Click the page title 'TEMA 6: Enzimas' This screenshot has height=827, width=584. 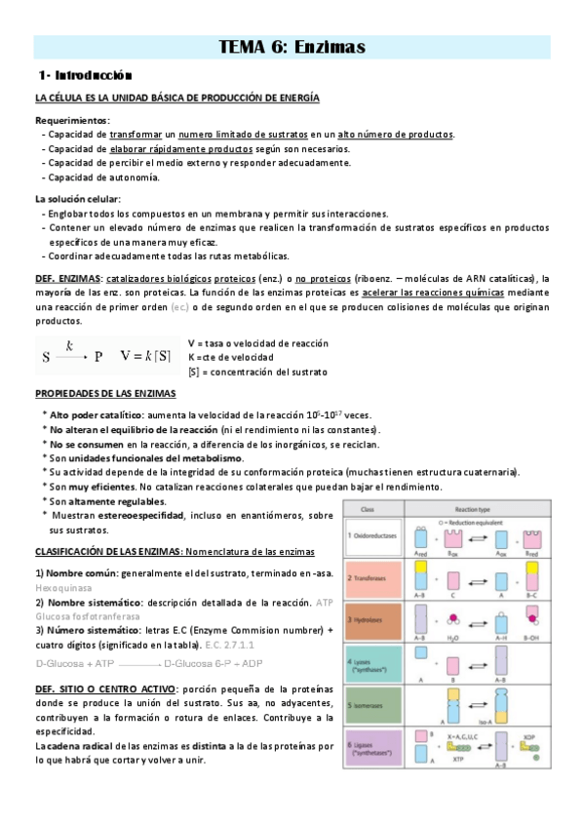click(x=292, y=47)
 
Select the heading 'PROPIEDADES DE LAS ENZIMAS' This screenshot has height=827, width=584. click(x=105, y=393)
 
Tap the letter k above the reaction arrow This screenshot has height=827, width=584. click(x=70, y=345)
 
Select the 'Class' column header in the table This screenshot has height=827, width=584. click(x=368, y=510)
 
